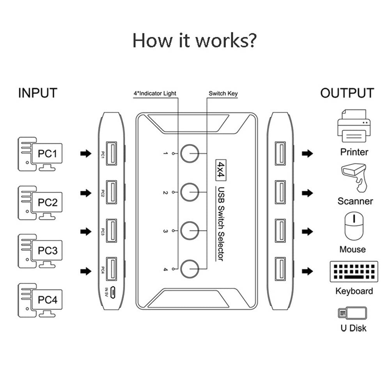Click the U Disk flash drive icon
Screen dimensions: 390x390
click(352, 313)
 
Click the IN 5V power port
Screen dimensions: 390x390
click(112, 291)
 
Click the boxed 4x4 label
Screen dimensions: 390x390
click(222, 168)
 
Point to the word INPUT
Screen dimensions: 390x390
click(38, 93)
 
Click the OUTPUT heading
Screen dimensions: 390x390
click(347, 93)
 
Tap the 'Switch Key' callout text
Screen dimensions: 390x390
click(223, 94)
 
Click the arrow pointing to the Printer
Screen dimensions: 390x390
click(308, 154)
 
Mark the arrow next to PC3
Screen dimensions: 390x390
click(85, 232)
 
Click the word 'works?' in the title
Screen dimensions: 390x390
click(227, 40)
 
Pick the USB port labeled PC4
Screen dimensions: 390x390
click(111, 269)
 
